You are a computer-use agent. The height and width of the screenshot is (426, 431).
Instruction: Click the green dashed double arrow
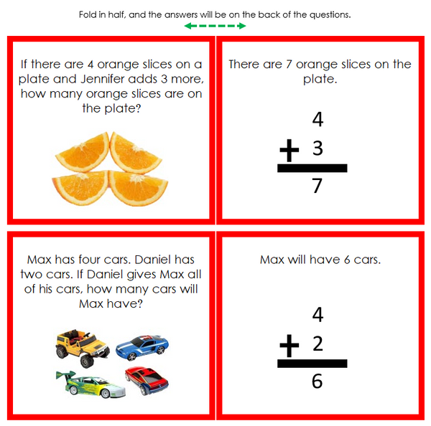(215, 26)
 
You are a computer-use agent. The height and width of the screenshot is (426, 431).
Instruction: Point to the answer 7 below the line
(317, 186)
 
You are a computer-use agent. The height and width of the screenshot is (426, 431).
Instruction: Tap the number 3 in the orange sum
(318, 149)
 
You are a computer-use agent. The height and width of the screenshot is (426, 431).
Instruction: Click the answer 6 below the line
(317, 381)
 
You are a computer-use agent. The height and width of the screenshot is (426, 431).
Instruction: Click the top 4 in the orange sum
(318, 119)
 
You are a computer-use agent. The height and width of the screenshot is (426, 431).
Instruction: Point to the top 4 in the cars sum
(318, 314)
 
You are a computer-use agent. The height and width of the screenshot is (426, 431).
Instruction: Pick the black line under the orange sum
(312, 169)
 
